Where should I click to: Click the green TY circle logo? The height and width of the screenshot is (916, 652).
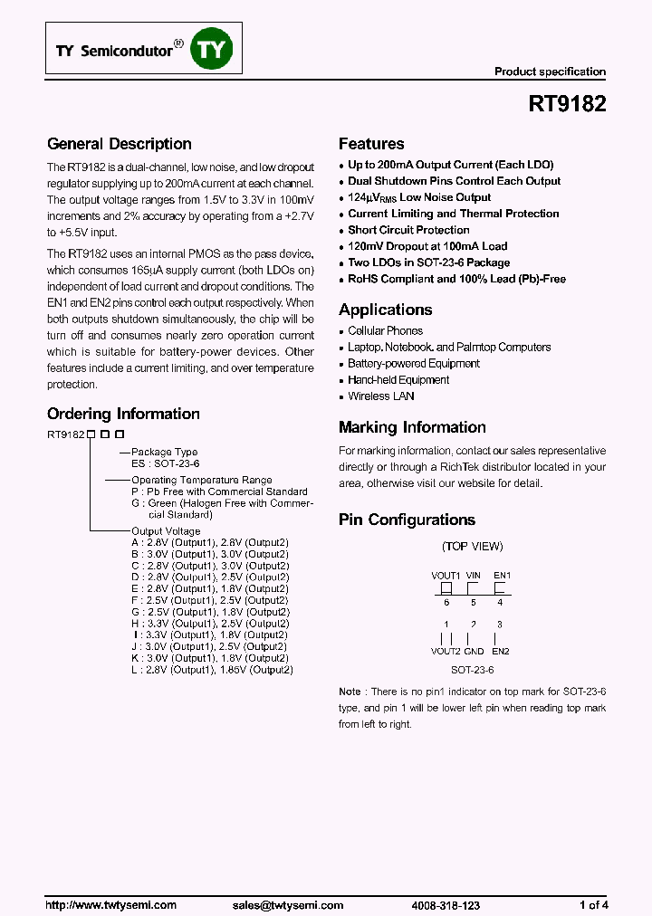[210, 51]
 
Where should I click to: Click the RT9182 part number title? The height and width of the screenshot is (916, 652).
[567, 104]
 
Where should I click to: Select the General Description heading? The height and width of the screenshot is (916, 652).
[119, 144]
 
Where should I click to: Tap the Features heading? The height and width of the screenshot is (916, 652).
[371, 144]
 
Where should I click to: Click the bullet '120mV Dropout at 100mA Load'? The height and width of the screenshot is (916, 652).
[427, 246]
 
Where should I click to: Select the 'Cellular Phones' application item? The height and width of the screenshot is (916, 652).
[385, 331]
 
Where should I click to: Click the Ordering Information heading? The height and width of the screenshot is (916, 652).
[123, 414]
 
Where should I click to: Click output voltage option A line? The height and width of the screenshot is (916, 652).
[209, 542]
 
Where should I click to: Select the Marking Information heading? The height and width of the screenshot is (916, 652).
[412, 427]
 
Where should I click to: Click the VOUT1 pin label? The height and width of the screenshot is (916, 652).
[446, 575]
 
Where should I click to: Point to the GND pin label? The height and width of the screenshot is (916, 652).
[474, 651]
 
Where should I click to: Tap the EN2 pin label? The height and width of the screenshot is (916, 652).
[500, 651]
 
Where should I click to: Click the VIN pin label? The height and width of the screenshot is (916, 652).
[473, 575]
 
